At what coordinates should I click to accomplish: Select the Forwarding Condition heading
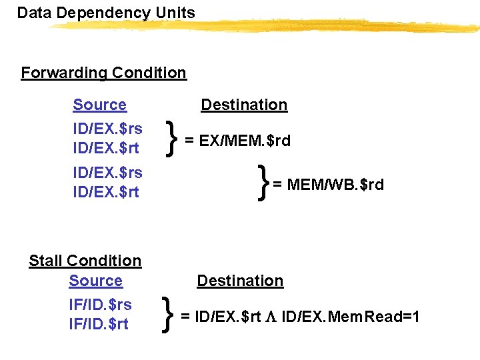[103, 73]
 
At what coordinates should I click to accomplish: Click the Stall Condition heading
[85, 261]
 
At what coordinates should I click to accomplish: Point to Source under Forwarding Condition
[99, 105]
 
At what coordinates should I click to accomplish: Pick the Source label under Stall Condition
[95, 281]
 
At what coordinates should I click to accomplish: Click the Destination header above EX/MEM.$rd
[244, 105]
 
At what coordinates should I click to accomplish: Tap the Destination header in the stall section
[240, 281]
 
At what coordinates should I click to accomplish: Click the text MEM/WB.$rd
[335, 185]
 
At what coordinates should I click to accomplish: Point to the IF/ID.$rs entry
[100, 305]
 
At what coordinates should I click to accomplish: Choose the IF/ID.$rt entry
[99, 324]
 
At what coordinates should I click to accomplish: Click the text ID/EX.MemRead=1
[351, 316]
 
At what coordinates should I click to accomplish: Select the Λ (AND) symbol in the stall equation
[271, 316]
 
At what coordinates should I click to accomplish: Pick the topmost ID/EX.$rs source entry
[107, 128]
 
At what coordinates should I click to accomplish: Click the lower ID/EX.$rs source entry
[107, 173]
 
